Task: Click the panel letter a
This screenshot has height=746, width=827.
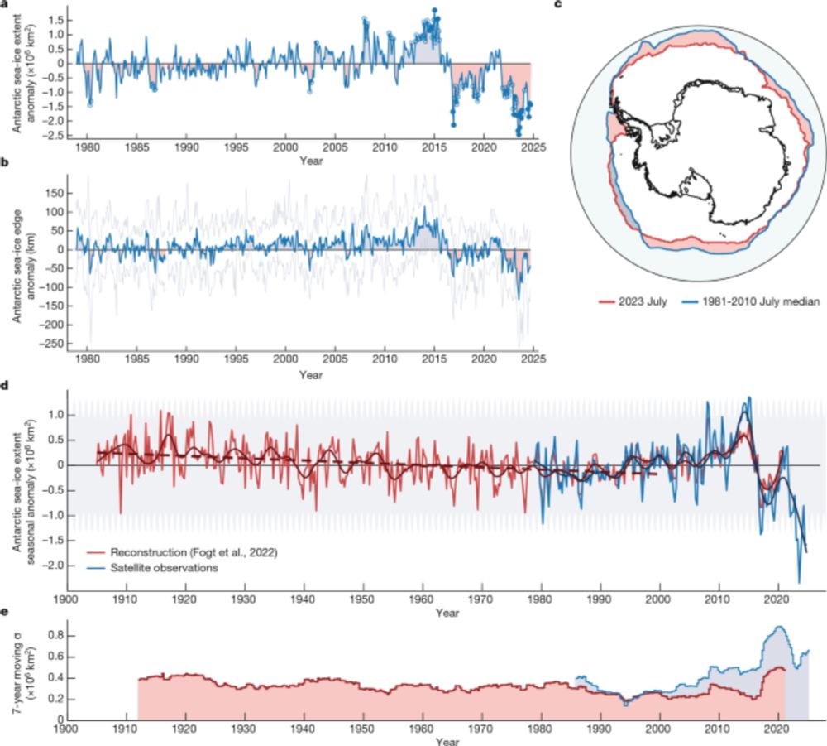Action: (5, 4)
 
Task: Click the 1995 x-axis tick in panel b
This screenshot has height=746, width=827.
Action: (237, 362)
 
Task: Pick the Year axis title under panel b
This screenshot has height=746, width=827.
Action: (310, 375)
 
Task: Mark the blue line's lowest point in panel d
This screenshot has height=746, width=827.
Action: (799, 582)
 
